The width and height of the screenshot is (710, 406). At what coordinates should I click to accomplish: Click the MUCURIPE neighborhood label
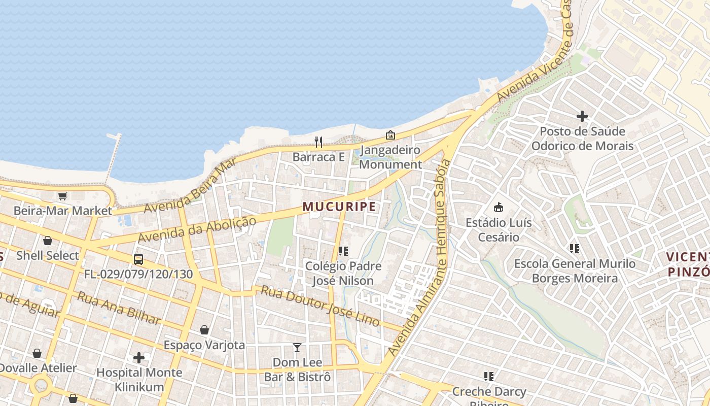coord(339,207)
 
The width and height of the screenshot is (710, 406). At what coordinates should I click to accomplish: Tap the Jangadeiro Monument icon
coord(390,135)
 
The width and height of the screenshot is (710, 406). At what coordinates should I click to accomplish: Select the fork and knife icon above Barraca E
coord(318,142)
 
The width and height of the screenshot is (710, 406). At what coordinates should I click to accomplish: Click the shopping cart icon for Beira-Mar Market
coord(62,196)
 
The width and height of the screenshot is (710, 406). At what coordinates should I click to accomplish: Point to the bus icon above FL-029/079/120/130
coord(138,259)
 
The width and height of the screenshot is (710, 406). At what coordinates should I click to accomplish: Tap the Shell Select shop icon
coord(48,241)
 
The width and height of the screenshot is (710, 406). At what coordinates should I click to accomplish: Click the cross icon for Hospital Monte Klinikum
coord(139,358)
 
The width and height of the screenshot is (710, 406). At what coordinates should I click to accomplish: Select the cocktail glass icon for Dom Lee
coord(297,348)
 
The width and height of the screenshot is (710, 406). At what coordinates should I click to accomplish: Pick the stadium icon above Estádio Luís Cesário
coord(499,207)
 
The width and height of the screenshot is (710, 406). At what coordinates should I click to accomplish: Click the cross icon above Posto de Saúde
coord(582,116)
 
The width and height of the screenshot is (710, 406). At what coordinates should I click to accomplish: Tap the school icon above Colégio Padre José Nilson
coord(343,251)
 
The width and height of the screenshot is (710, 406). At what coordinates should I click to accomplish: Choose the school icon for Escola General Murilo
coord(575,249)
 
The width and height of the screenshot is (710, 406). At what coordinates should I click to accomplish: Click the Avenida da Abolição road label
coord(197,229)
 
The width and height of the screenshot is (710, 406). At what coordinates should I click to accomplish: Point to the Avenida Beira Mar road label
coord(190,186)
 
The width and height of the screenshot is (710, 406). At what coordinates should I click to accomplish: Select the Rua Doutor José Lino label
coord(320,306)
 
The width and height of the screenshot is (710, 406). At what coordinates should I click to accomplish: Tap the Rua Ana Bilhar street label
coord(119,308)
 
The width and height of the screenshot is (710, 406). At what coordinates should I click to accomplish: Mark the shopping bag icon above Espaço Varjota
coord(204,330)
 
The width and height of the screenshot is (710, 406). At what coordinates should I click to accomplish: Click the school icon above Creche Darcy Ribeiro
coord(489,377)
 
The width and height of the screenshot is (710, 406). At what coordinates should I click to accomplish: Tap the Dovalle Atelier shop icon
coord(37,353)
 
